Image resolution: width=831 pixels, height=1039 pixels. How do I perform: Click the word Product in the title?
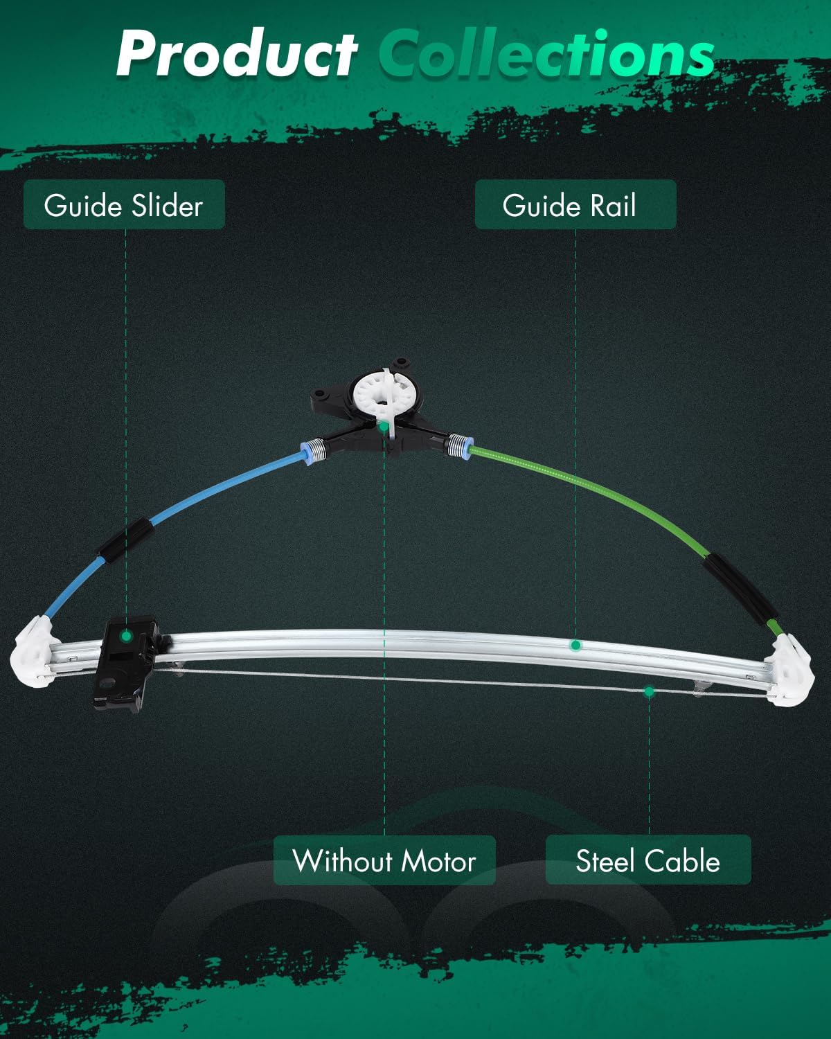point(237,54)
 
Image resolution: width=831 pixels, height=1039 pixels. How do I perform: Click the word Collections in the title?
point(546,53)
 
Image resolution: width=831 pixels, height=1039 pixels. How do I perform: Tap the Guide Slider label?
point(124,204)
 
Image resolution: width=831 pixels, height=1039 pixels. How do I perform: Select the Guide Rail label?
point(575,204)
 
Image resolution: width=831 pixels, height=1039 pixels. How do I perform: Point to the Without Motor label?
point(384,861)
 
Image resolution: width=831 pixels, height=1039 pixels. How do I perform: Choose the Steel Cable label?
point(648,861)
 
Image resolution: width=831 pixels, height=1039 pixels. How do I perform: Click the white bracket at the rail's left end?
point(34,652)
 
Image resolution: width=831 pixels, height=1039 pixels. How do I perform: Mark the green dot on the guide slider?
point(127,637)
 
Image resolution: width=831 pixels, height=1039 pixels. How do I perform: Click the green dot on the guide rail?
point(575,645)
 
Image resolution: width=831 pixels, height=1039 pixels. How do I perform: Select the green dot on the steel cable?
point(650,692)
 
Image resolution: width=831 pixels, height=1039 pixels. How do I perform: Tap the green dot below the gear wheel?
point(384,426)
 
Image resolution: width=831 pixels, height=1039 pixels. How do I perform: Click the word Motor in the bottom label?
point(438,861)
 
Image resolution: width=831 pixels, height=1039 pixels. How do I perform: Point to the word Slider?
point(167,205)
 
